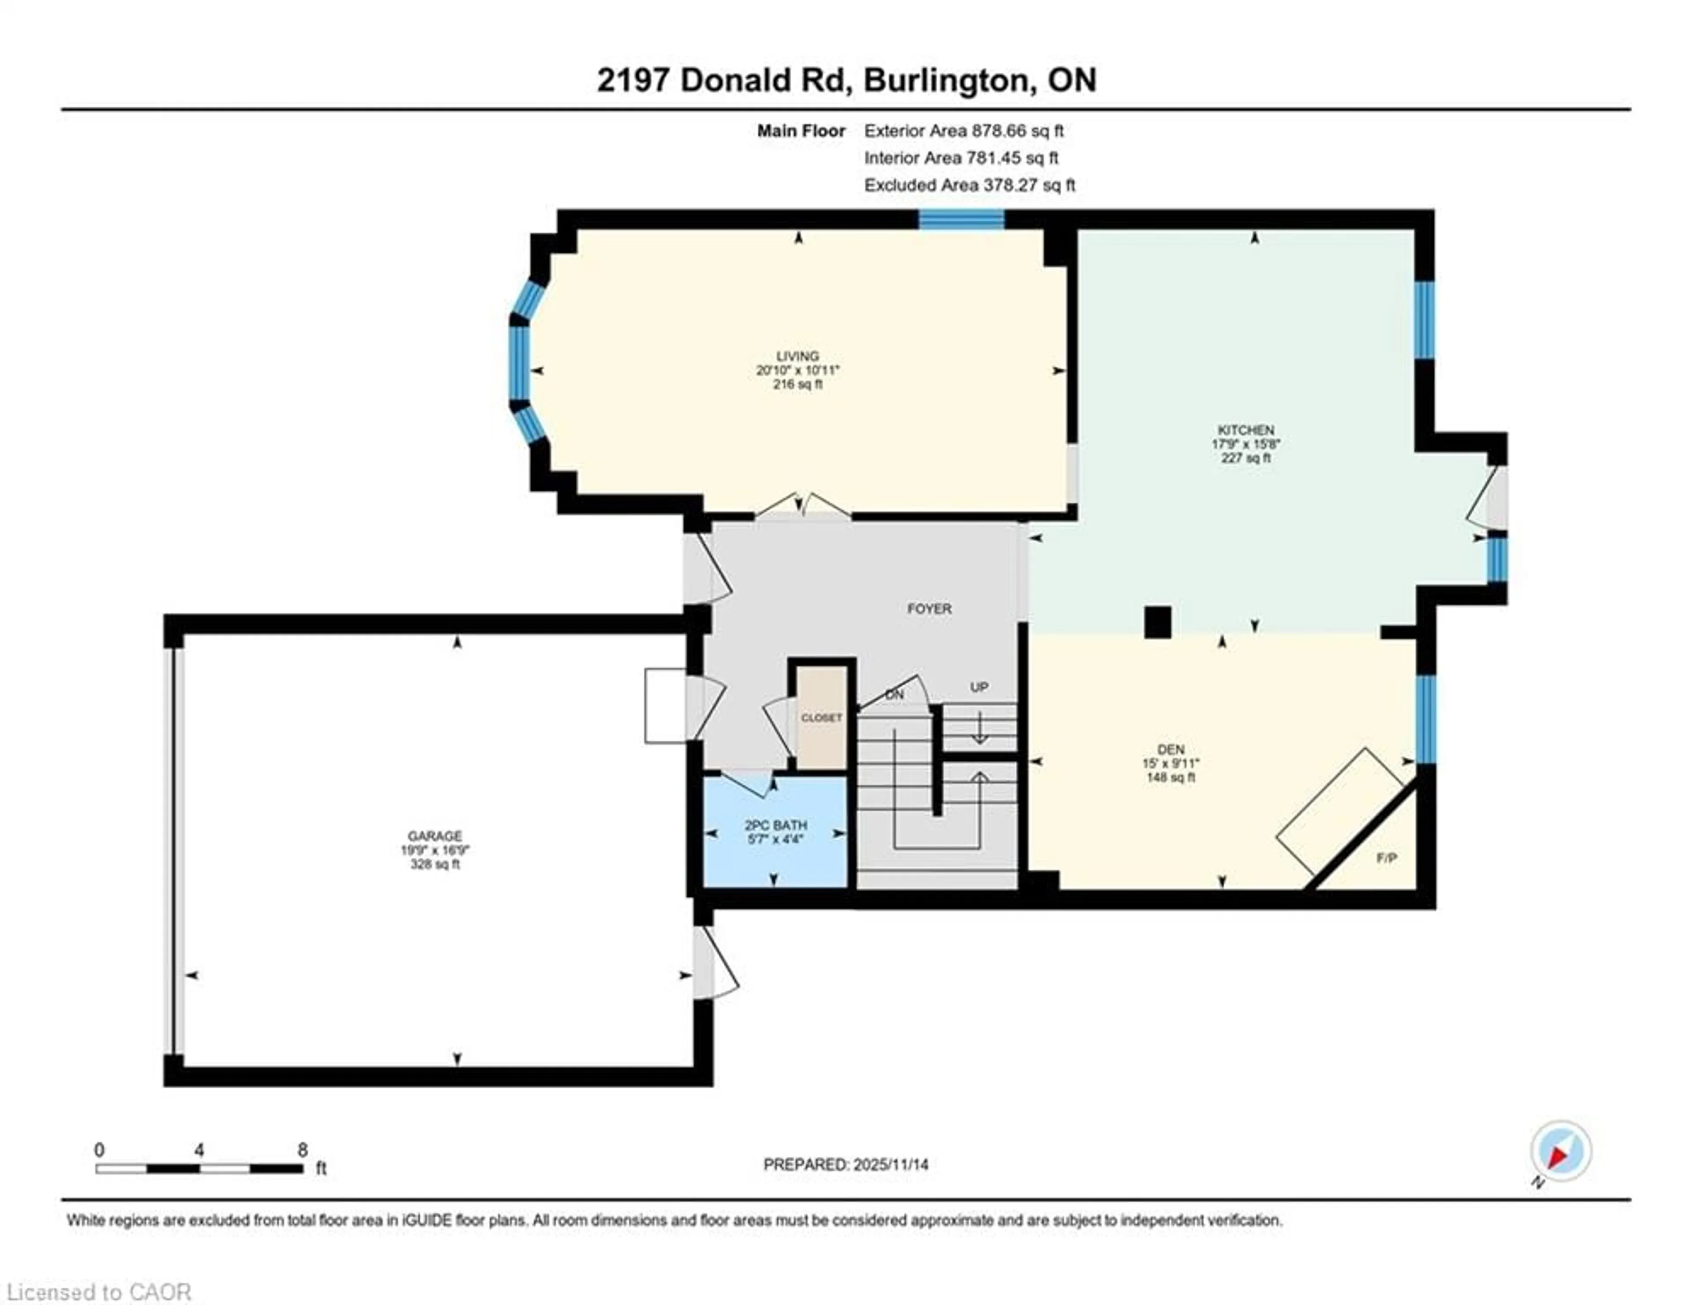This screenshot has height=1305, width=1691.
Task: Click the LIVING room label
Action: point(798,357)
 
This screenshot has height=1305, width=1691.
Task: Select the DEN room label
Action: point(1170,749)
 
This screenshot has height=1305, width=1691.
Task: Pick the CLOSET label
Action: point(821,718)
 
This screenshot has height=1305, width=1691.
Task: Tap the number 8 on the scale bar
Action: point(302,1150)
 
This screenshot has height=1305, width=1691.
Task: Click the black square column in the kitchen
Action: point(1158,622)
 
